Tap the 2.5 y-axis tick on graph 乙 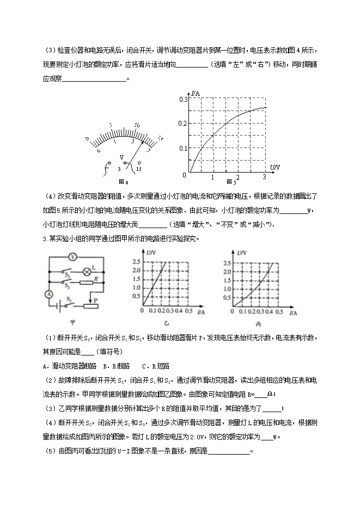pos(137,262)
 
